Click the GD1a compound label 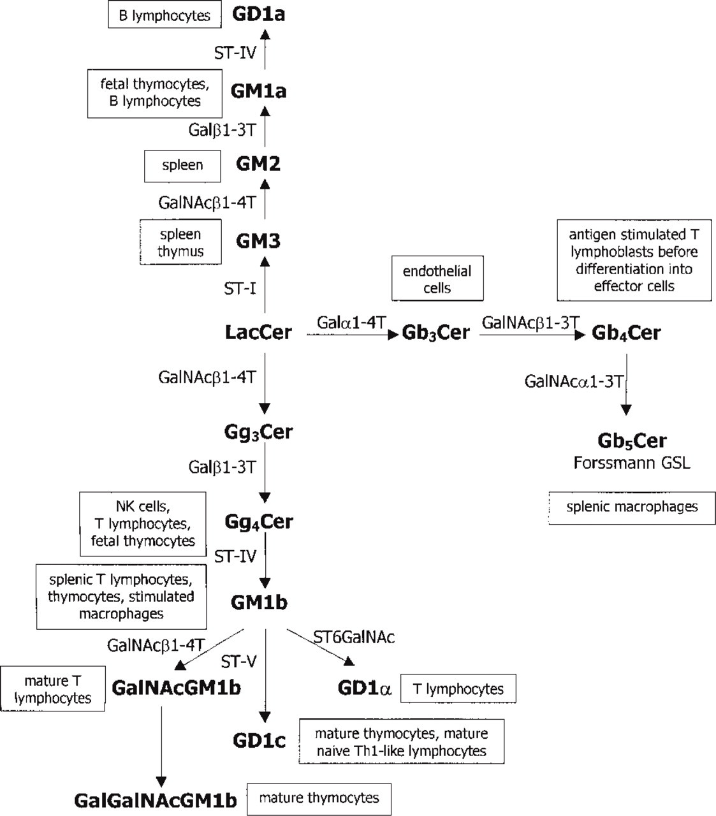258,15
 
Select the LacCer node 258,333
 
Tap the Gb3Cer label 436,333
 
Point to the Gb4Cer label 626,333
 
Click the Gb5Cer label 632,441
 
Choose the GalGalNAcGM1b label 156,801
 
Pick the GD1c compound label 259,740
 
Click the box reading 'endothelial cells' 437,279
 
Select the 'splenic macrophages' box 632,508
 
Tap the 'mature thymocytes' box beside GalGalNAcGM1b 319,799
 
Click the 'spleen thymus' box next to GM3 180,242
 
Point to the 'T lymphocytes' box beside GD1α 458,688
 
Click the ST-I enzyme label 240,288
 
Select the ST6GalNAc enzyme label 354,637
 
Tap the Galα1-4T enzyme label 351,322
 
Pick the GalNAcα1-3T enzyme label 574,381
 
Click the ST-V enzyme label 238,661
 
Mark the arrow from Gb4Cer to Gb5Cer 626,384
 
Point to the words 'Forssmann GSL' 632,463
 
